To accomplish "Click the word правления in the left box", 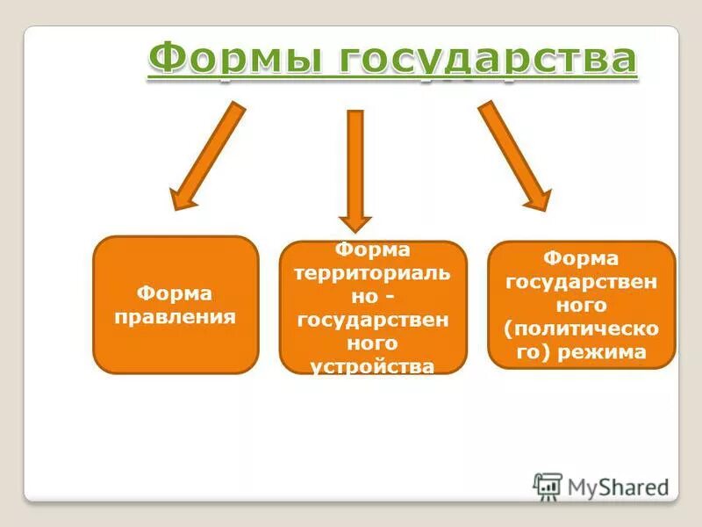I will [x=175, y=316].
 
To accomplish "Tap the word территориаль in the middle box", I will [x=373, y=273].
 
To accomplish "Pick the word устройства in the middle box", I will [x=373, y=365].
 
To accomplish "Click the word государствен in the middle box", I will [x=373, y=320].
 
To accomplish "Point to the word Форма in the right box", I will [x=581, y=258].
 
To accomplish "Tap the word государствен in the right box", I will [x=581, y=282].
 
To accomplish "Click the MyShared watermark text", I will [x=619, y=485].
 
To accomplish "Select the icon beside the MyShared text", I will [x=548, y=486].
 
